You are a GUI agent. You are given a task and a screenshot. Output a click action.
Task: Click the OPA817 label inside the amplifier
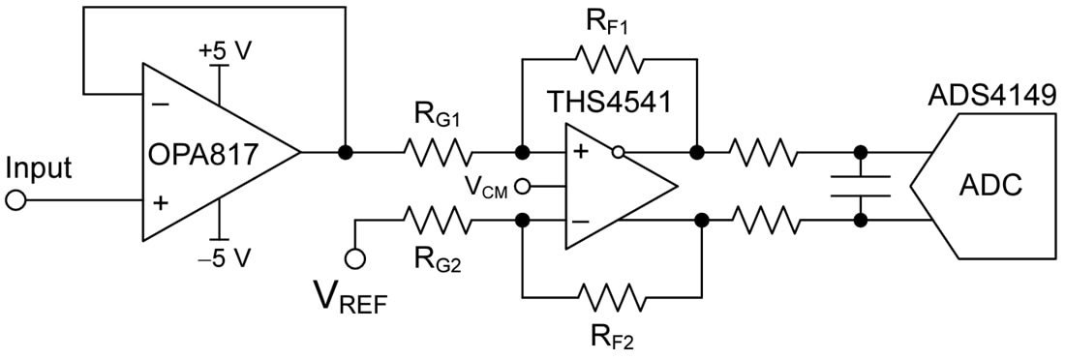pos(204,154)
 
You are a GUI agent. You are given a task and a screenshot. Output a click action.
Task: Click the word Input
pos(39,168)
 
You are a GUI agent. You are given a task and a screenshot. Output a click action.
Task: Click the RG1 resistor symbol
pos(438,153)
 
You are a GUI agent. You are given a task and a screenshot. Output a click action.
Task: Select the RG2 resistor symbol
pos(438,221)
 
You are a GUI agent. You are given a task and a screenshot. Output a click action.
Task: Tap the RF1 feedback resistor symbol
pos(609,60)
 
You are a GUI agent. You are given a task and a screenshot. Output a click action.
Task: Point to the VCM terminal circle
pos(522,186)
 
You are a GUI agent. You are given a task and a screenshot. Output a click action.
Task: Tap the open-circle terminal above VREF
pos(355,258)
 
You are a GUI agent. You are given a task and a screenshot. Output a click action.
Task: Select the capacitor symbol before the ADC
pos(859,186)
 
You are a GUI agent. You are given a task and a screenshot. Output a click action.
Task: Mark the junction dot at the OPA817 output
pos(344,153)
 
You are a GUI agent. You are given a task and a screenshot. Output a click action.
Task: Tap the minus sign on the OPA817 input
pos(160,104)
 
